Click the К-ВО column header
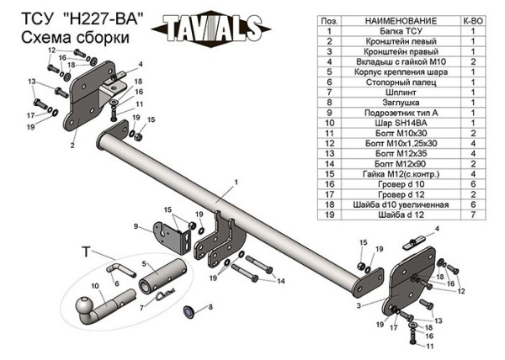coord(473,19)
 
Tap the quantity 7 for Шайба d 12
coord(473,214)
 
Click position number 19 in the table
coord(332,214)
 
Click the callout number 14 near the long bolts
coord(281,281)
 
